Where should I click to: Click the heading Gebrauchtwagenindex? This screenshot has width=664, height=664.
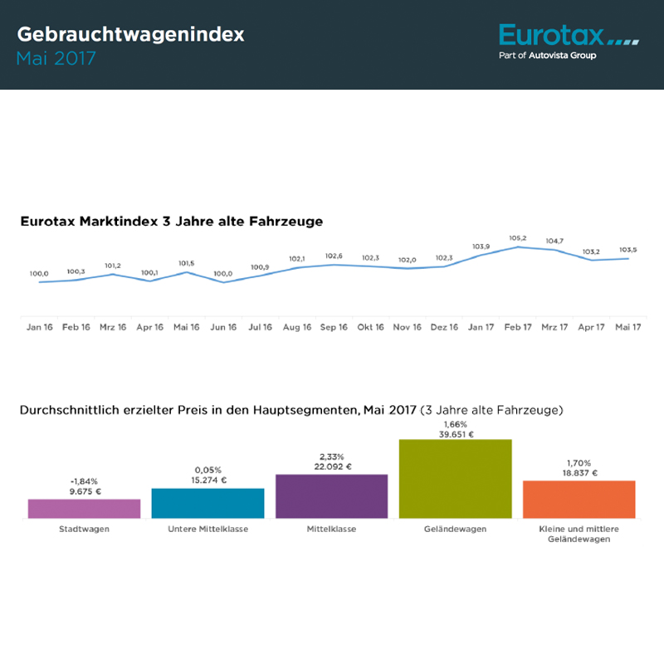tap(130, 35)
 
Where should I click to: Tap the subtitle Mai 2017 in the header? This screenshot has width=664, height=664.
tap(56, 59)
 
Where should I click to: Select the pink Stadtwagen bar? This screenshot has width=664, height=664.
tap(84, 509)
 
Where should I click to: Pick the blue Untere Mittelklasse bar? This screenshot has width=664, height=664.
tap(207, 503)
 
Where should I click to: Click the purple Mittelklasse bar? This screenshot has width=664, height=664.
tap(331, 496)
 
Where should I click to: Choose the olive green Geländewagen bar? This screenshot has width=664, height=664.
tap(455, 479)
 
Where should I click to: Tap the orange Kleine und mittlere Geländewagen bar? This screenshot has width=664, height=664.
tap(579, 499)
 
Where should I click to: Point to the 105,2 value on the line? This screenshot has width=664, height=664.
tap(518, 238)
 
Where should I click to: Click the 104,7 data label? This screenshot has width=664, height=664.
tap(554, 242)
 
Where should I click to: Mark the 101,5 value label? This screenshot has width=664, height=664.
tap(187, 263)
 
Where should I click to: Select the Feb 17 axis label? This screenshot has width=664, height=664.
tap(518, 328)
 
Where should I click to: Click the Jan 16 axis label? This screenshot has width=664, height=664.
tap(40, 328)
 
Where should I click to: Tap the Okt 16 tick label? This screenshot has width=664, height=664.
tap(370, 328)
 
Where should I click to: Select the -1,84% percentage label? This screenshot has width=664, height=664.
tap(84, 481)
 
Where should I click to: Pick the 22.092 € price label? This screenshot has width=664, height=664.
tap(331, 466)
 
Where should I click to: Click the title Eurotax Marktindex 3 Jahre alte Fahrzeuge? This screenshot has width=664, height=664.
tap(171, 222)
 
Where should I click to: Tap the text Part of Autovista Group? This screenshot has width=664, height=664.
tap(547, 56)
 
